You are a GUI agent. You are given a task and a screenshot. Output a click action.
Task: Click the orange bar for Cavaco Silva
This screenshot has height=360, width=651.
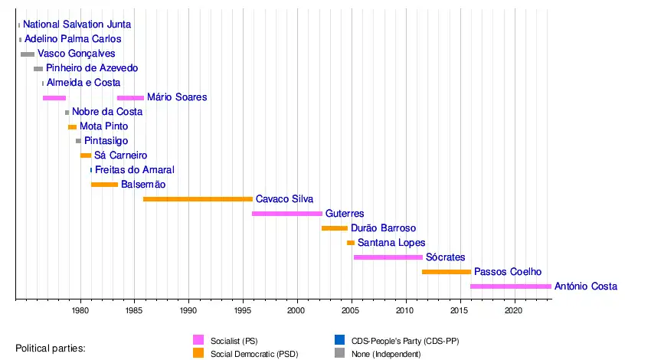tap(198, 199)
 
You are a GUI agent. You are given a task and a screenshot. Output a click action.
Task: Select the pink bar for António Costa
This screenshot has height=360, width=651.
tap(510, 286)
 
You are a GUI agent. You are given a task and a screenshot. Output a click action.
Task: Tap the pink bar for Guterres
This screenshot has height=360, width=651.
tap(287, 214)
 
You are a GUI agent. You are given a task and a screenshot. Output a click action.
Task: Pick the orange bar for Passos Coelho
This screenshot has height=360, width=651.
tap(447, 272)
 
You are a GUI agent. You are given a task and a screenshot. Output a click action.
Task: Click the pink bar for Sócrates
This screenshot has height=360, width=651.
tap(388, 257)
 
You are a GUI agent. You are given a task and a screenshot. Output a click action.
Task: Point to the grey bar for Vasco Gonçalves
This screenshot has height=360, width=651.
tap(28, 54)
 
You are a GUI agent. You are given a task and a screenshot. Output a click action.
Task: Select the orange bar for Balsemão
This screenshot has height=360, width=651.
tap(104, 185)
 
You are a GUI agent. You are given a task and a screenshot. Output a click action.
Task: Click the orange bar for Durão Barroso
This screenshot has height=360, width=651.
tap(335, 228)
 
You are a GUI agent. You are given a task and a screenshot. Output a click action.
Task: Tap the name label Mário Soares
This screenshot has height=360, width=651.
tap(177, 97)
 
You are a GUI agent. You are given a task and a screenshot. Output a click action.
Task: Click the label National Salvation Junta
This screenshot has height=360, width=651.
tap(77, 25)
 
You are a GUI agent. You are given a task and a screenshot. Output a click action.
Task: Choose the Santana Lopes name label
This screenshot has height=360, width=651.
tap(391, 243)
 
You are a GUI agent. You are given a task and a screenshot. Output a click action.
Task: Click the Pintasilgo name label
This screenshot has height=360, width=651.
tap(106, 141)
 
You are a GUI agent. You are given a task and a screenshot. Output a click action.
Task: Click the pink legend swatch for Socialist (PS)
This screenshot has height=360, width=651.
tap(198, 339)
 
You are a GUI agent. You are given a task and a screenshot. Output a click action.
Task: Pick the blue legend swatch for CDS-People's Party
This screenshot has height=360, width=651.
tap(339, 339)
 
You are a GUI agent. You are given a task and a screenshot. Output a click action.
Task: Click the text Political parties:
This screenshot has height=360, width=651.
tap(51, 349)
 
